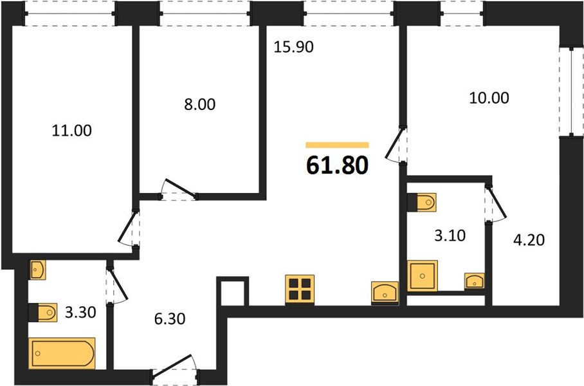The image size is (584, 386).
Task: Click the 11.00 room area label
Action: (x=71, y=131)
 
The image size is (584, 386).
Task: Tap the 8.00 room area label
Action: (x=199, y=105)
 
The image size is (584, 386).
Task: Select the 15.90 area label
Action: (x=293, y=47)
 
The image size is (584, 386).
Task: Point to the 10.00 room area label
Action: (x=489, y=98)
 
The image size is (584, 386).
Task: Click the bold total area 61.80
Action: (x=338, y=165)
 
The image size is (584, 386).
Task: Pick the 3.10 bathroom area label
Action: (x=450, y=235)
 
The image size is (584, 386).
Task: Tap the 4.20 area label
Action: (x=529, y=240)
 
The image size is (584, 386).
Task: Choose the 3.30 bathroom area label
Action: (x=80, y=312)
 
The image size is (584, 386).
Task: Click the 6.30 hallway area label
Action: (x=170, y=319)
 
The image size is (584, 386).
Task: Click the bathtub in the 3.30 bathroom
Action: (x=62, y=353)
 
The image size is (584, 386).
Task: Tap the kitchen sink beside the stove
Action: (x=385, y=293)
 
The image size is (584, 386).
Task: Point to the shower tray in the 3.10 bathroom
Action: (x=423, y=276)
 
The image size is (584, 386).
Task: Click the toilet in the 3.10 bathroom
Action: (x=422, y=202)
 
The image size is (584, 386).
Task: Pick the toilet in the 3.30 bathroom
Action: (x=43, y=312)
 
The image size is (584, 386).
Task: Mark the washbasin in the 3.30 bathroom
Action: (x=37, y=270)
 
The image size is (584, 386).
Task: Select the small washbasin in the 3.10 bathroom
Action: (x=475, y=281)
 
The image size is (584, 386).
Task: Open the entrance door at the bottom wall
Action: (x=174, y=369)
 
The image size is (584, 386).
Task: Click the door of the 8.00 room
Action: (x=178, y=189)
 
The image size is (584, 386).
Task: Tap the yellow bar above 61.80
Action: (x=338, y=145)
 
